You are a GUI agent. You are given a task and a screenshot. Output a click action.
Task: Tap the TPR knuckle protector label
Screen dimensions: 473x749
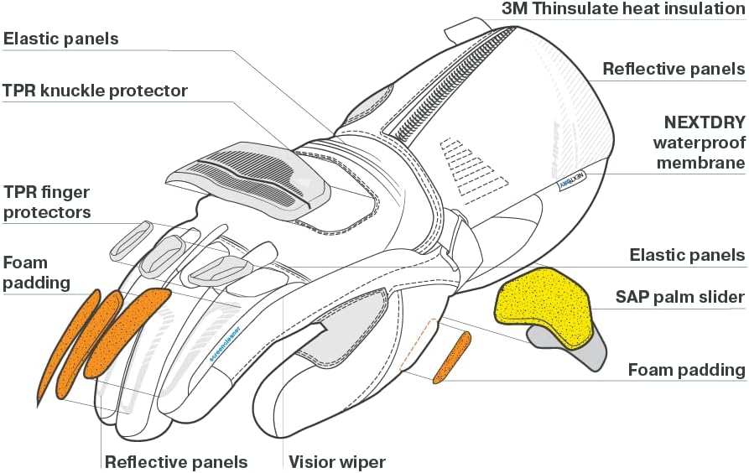pos(95,90)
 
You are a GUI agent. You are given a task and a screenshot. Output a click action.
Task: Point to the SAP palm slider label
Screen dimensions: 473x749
pos(680,296)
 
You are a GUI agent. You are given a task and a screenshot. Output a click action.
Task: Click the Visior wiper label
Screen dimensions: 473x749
pos(336,461)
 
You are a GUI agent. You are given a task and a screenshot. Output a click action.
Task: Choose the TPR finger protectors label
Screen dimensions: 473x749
pos(47,202)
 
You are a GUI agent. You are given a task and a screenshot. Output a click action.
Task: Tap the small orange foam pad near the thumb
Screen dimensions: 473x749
pos(452,357)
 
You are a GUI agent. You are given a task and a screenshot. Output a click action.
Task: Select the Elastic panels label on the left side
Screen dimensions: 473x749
pos(60,39)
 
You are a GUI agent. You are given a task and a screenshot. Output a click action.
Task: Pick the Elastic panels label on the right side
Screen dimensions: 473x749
pos(687,255)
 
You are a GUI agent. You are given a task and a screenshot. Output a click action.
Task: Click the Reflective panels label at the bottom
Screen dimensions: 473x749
pos(176,461)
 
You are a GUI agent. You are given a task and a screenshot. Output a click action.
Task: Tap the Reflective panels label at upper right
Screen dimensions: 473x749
pos(674,69)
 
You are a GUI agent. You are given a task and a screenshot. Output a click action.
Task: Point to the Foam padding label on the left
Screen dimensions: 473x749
pos(36,273)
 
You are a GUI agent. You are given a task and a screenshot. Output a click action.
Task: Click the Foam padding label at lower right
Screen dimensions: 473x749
pos(687,370)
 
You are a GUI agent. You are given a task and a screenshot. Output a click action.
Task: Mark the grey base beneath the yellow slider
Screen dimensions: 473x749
pos(579,351)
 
